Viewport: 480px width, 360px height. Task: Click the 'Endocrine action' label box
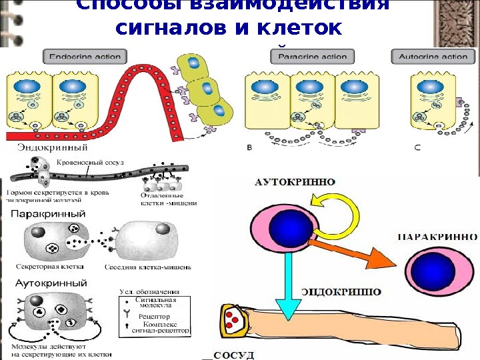point(83,57)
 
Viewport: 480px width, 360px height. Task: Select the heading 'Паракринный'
point(49,215)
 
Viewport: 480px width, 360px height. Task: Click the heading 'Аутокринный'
point(47,283)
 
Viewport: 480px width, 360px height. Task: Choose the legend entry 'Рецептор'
point(153,317)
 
